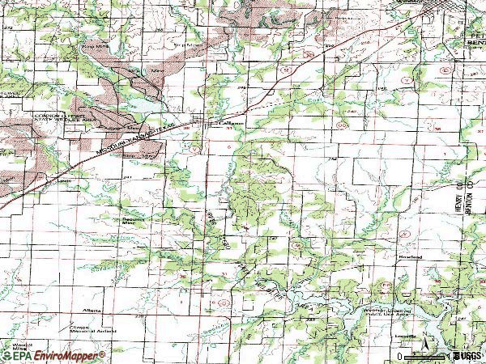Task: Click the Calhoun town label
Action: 231,123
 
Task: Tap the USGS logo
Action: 467,355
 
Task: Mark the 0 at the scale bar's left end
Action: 400,356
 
